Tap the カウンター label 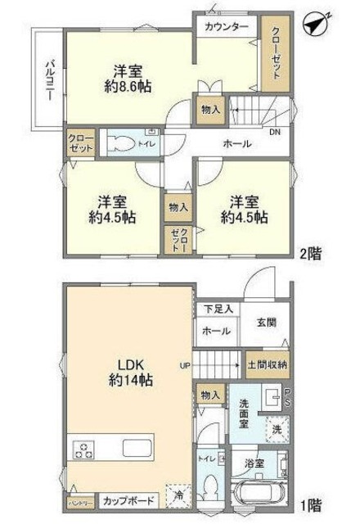coord(227,27)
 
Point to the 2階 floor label coord(309,253)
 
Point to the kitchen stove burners coord(85,449)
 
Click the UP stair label coord(187,364)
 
